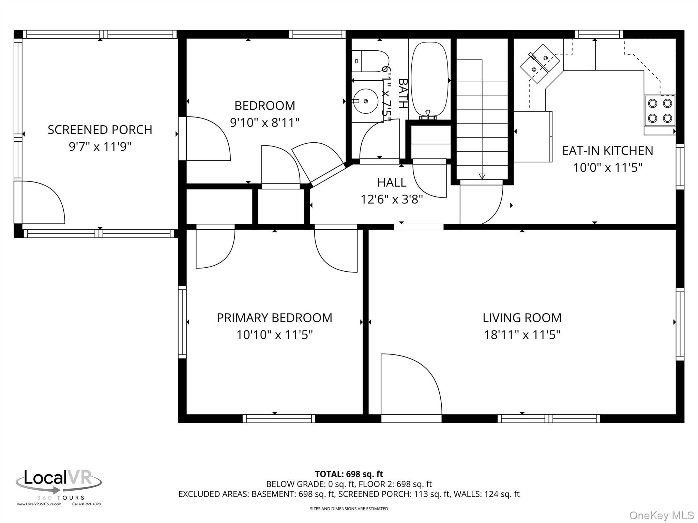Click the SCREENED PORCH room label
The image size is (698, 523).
[100, 130]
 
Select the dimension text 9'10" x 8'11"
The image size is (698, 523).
[265, 122]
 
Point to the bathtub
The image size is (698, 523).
[429, 79]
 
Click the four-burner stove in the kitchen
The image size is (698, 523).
[659, 111]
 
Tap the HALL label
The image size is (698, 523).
[392, 183]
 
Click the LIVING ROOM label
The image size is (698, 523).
[522, 318]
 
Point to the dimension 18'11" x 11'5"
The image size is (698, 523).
[522, 335]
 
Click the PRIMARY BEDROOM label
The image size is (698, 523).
[274, 318]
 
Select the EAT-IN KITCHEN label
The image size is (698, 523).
[608, 150]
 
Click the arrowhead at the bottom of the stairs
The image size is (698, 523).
[482, 176]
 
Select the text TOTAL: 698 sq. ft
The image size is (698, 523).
[349, 474]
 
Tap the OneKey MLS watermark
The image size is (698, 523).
[661, 515]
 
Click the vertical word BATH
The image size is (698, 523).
[403, 94]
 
